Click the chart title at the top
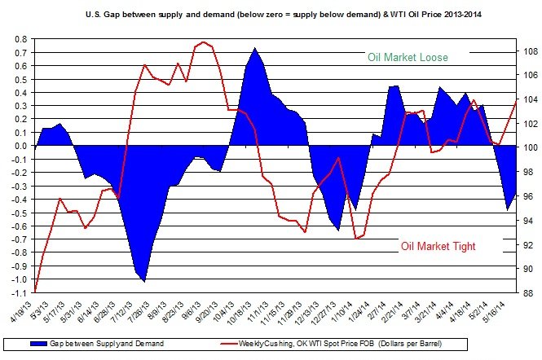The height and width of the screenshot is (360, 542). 271,15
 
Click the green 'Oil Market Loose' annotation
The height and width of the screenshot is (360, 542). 408,57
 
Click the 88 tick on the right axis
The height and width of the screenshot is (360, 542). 528,292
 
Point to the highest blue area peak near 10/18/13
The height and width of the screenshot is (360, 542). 255,48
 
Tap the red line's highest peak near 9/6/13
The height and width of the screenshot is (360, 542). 203,42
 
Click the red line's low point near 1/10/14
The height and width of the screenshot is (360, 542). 355,239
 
